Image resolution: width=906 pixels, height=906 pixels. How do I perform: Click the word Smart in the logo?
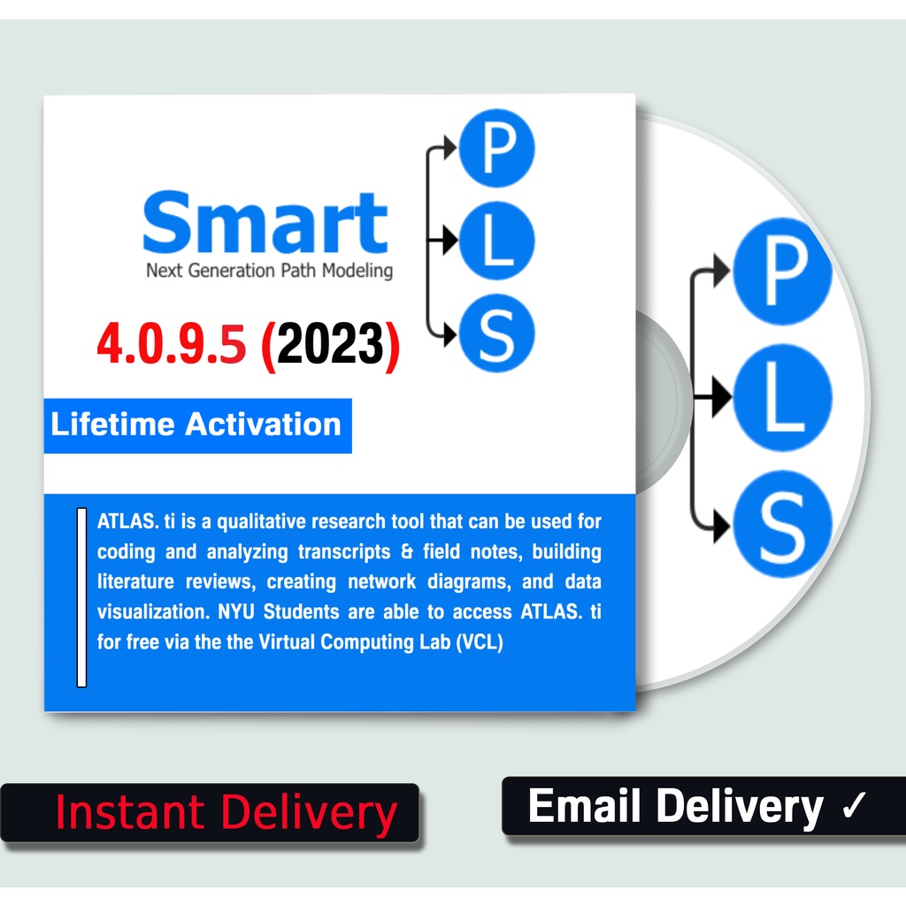tap(265, 223)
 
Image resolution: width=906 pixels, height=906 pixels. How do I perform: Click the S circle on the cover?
tap(497, 332)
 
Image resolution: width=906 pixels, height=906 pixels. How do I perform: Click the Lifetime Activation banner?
tap(196, 425)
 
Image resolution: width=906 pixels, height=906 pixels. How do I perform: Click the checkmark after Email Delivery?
tap(854, 806)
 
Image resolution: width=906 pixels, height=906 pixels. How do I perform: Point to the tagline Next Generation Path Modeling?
tap(269, 271)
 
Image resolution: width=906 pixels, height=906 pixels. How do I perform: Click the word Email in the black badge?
tap(586, 806)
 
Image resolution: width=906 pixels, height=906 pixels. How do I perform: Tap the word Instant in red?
tap(129, 812)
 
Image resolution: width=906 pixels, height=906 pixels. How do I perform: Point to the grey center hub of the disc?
tap(659, 398)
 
